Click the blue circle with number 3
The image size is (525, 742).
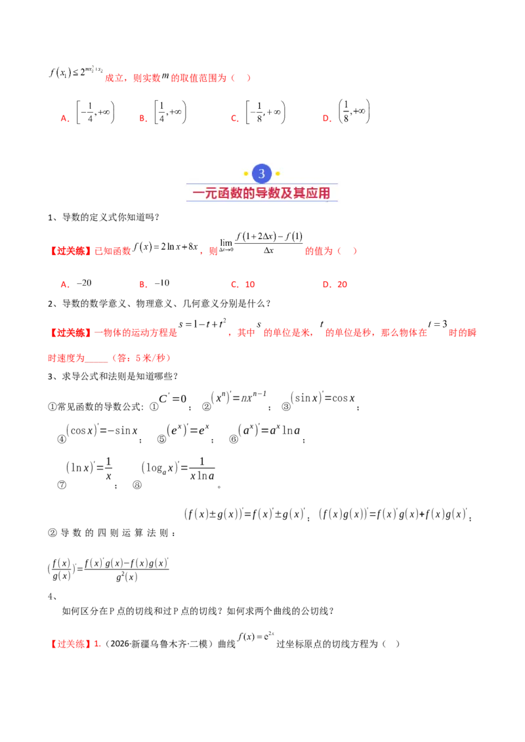tap(262, 174)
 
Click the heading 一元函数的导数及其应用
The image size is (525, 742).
tap(262, 193)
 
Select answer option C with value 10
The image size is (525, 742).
tap(243, 284)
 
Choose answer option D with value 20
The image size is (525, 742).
tap(335, 284)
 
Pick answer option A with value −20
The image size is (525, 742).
tap(76, 283)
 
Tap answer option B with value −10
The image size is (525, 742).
tap(154, 283)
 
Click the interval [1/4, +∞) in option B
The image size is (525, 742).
tap(170, 112)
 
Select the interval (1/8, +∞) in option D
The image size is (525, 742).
tap(354, 111)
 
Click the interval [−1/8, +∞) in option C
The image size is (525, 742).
tap(265, 113)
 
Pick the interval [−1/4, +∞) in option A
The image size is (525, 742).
tap(95, 113)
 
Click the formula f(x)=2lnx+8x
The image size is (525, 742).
tap(165, 246)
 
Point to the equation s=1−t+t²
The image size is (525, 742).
tap(202, 324)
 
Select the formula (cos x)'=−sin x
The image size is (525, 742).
tap(102, 430)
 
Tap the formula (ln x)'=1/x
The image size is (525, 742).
tap(89, 468)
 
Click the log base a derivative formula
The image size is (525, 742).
tap(178, 469)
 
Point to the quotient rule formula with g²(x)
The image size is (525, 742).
tap(108, 570)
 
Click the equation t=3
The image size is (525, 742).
tap(437, 324)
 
